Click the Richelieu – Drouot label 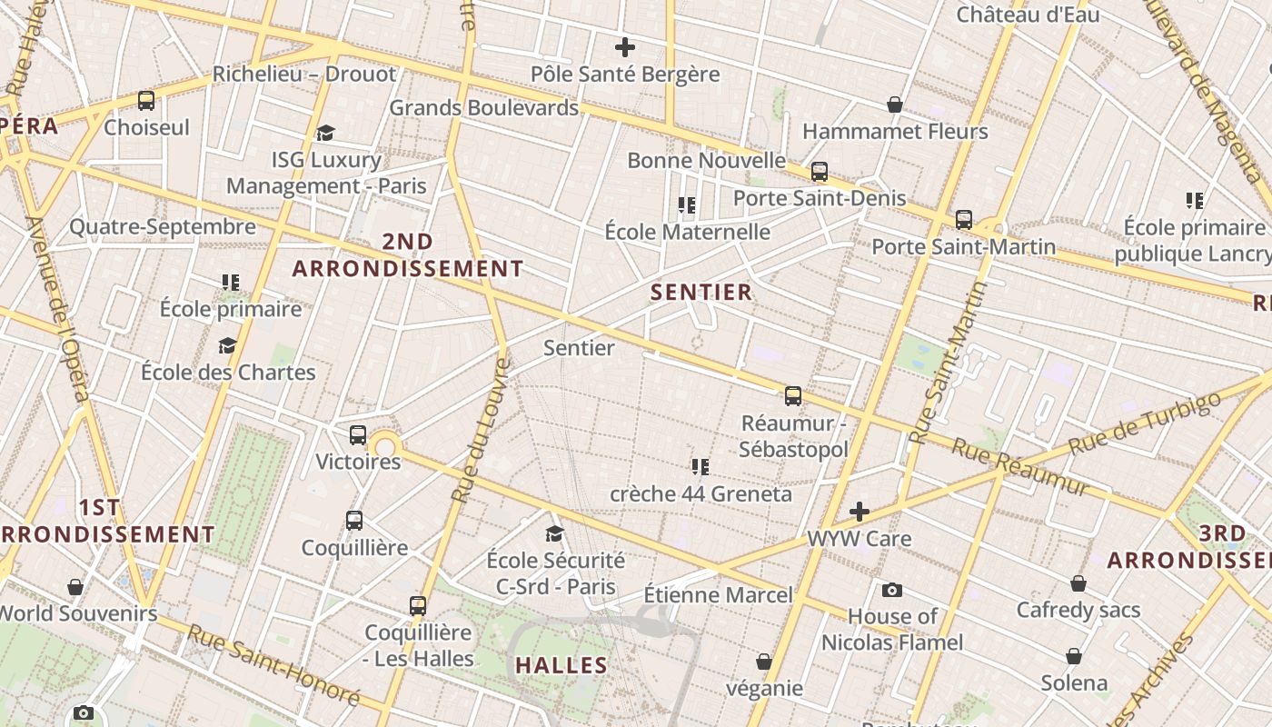coord(304,75)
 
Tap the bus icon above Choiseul coord(146,101)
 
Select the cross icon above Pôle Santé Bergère coord(625,47)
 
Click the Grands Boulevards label coord(483,107)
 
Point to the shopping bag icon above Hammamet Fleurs coord(895,105)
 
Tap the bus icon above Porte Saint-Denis coord(820,172)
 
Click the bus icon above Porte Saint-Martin coord(964,220)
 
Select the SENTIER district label coord(702,292)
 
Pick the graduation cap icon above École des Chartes coord(228,345)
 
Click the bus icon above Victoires coord(358,435)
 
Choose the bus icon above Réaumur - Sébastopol coord(793,396)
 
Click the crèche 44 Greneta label coord(701,494)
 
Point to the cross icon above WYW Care coord(860,512)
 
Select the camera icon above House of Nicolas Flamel coord(892,591)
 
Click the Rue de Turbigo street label coord(1144,424)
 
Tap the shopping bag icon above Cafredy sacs coord(1078,583)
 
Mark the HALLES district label coord(561,665)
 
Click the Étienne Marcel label coord(718,595)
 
